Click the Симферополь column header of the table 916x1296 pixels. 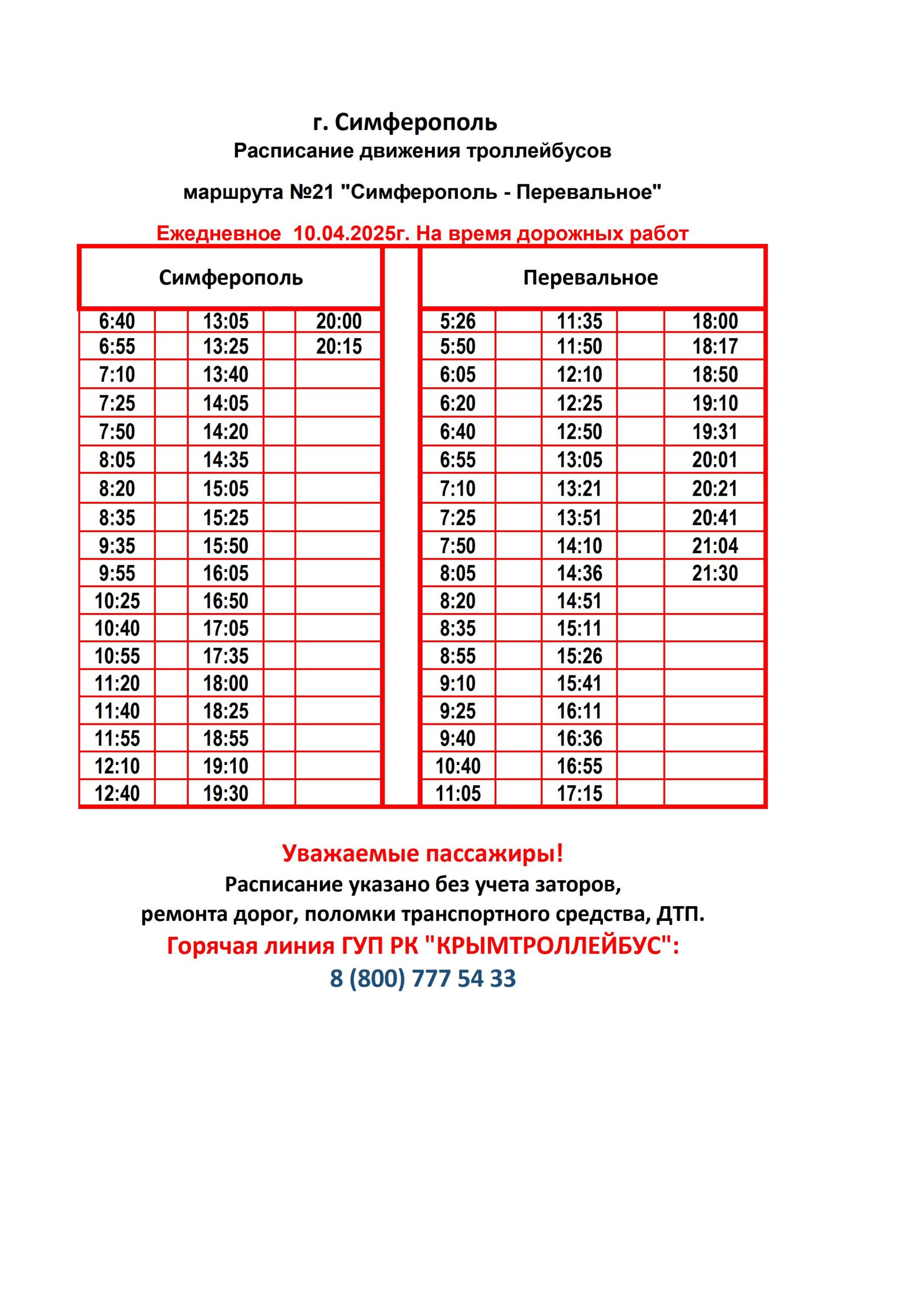pos(230,278)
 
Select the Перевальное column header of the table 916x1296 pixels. pos(591,278)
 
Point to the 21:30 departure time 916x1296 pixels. pos(715,573)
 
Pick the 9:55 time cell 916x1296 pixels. pos(117,573)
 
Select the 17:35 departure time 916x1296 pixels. pos(226,656)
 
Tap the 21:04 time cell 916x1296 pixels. pos(715,546)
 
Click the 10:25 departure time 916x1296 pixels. pos(117,600)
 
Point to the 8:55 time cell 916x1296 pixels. pos(457,656)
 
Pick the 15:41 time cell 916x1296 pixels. pos(579,683)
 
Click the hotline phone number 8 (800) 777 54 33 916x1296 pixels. pos(423,978)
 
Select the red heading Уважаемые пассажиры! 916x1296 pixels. pos(423,853)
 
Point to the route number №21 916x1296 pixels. pos(312,192)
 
